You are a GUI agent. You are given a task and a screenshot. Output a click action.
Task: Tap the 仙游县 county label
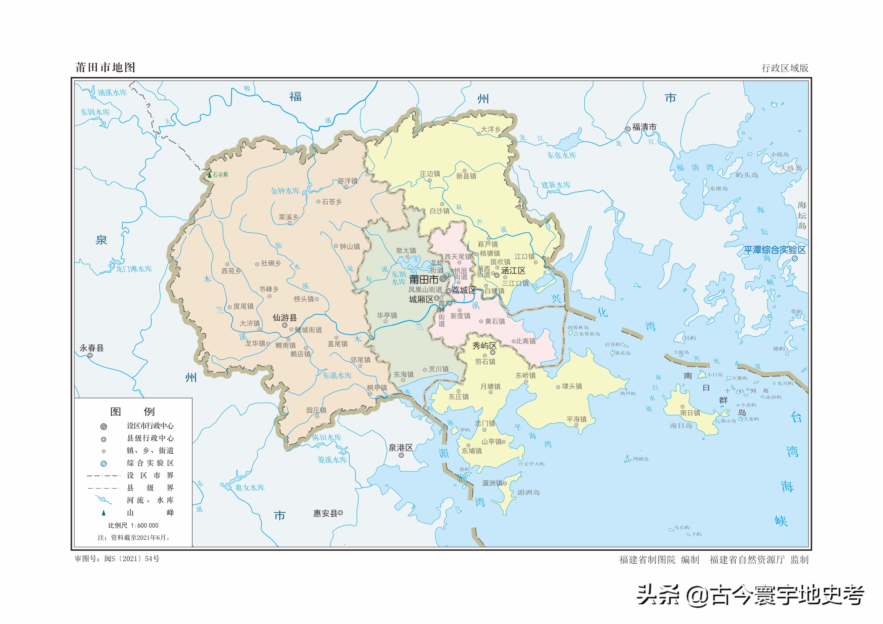pyautogui.click(x=285, y=318)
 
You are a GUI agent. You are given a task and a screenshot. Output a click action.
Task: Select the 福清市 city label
pyautogui.click(x=644, y=127)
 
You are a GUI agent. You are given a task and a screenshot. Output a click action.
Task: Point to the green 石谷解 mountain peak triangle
pyautogui.click(x=210, y=175)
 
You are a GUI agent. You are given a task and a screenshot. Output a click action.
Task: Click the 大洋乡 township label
pyautogui.click(x=491, y=130)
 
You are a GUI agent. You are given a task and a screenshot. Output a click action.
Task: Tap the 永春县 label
pyautogui.click(x=92, y=348)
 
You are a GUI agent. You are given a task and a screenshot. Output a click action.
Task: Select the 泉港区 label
pyautogui.click(x=401, y=447)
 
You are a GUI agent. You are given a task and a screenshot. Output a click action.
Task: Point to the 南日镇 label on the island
pyautogui.click(x=690, y=413)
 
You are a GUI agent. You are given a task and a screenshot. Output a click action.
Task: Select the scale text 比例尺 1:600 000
pyautogui.click(x=133, y=526)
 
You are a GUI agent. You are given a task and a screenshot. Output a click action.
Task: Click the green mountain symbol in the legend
pyautogui.click(x=103, y=513)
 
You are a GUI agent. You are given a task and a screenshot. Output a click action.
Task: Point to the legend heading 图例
pyautogui.click(x=133, y=412)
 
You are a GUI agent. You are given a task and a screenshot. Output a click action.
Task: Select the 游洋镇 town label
pyautogui.click(x=347, y=181)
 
